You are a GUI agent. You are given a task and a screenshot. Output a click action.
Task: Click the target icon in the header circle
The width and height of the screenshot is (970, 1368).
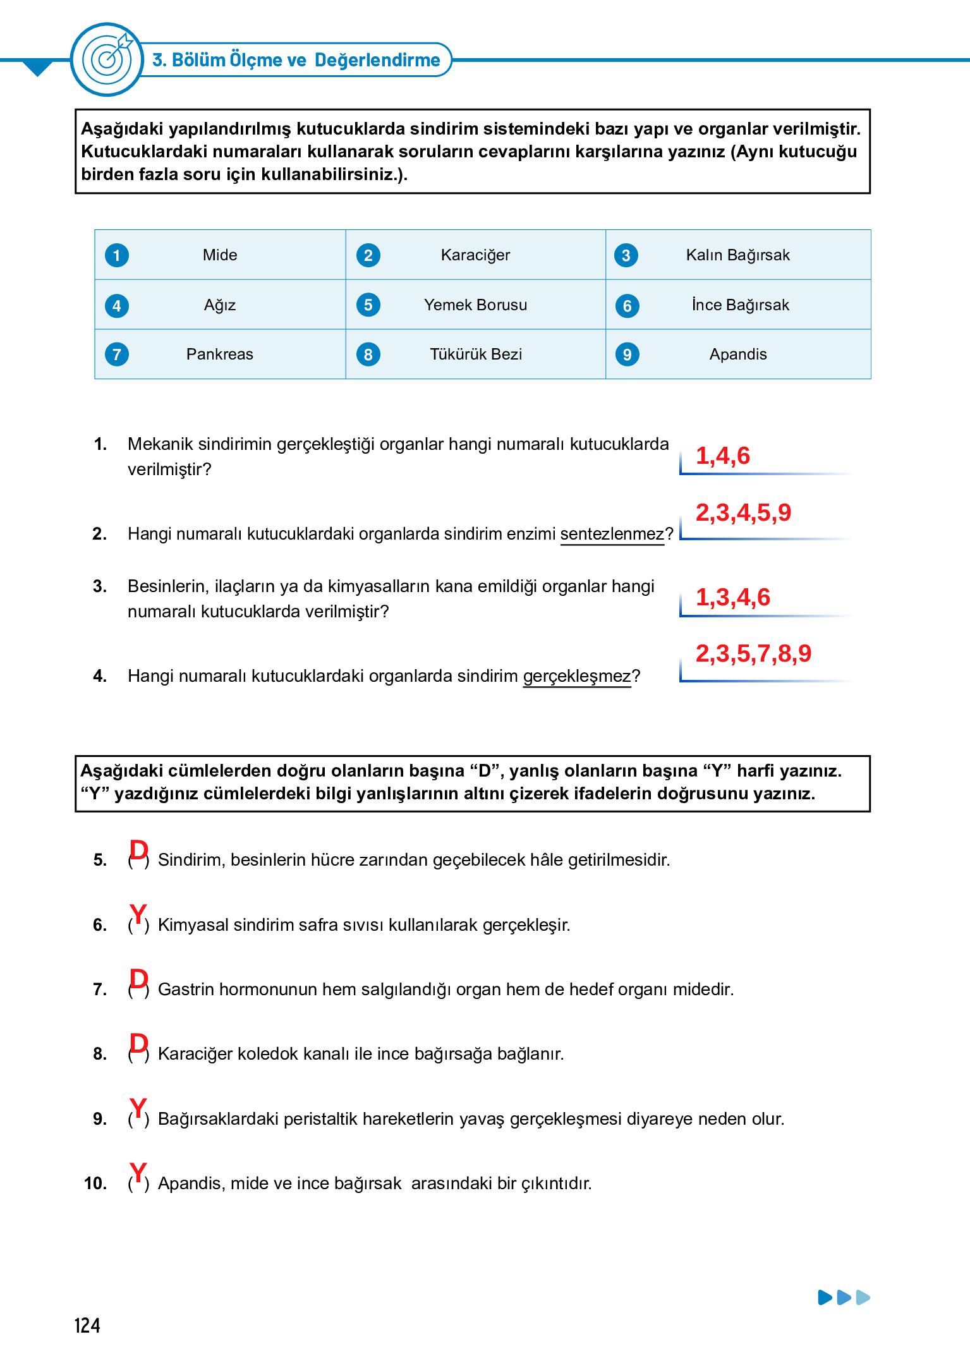point(108,59)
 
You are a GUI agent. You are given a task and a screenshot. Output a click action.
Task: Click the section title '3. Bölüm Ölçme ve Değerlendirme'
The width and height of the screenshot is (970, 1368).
point(296,60)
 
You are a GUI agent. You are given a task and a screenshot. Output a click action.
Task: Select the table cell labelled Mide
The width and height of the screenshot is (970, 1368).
point(220,255)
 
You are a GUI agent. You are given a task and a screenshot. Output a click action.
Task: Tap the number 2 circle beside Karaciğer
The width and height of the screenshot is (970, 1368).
point(368,255)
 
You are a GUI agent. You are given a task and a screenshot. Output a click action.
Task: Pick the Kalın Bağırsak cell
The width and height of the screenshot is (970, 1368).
point(737,255)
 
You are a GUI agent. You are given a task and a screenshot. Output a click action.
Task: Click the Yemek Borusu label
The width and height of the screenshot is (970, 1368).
point(475,305)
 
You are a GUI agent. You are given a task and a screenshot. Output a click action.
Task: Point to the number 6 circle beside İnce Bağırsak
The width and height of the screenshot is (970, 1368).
point(627,306)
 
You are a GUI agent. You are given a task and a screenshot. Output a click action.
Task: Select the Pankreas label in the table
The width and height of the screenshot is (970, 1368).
point(220,354)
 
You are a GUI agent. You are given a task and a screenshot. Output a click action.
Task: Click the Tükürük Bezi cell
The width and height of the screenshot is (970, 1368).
point(475,354)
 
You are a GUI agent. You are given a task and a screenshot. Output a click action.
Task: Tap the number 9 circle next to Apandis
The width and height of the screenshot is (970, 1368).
point(627,354)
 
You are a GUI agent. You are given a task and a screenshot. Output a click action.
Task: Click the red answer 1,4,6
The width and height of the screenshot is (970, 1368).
point(722,456)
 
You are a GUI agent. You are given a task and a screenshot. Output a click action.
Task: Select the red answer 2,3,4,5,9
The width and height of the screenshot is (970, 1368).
point(743,513)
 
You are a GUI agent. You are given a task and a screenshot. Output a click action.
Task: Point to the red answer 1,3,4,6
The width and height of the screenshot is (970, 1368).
point(732,598)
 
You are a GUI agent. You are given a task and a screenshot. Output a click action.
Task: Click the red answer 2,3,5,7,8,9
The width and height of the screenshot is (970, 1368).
point(753,654)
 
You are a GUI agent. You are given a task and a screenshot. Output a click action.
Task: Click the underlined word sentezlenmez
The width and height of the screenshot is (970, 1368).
point(612,535)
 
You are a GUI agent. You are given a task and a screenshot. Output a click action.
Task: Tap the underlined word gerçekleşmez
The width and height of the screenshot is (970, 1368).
point(576,677)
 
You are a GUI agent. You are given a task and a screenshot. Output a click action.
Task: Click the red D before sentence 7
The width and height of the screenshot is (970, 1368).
point(138,979)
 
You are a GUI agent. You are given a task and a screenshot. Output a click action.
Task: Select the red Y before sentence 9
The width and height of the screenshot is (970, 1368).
point(138,1108)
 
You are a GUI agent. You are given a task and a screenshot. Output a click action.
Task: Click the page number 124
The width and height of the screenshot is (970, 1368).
point(87,1326)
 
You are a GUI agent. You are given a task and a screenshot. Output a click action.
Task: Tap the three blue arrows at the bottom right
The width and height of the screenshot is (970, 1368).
point(844,1298)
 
